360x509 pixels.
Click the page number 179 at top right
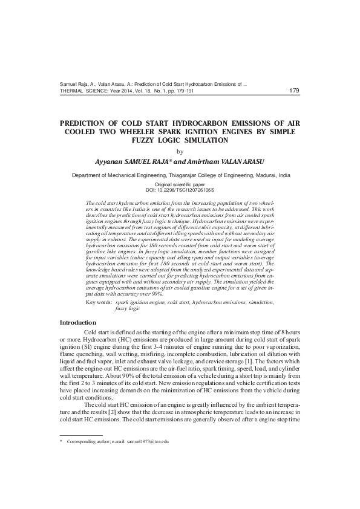[294, 91]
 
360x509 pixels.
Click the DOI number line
[180, 189]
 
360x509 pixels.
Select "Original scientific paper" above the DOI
[180, 183]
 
